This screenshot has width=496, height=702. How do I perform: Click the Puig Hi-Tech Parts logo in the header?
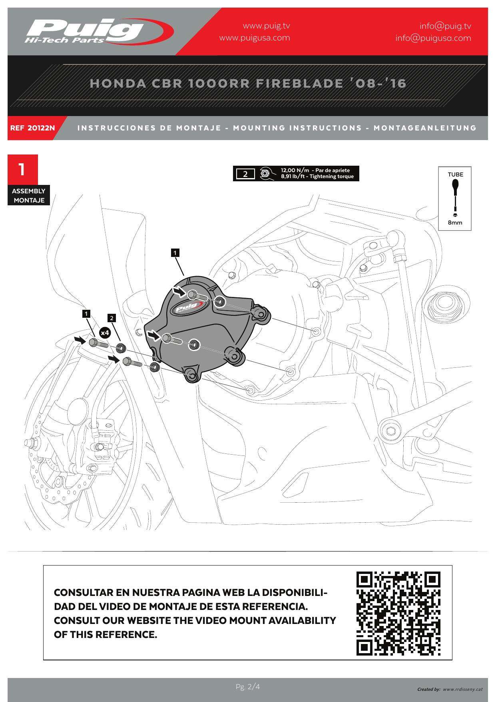pos(96,31)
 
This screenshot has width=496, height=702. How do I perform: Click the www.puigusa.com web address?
pos(255,38)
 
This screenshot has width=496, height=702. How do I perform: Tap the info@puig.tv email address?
pos(445,26)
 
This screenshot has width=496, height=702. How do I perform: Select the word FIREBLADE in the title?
pos(299,83)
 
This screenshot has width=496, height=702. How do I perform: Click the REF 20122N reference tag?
pos(33,128)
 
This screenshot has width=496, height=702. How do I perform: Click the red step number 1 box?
pos(23,169)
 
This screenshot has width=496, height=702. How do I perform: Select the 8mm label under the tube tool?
pos(455,223)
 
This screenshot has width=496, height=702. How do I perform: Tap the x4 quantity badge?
pos(105,333)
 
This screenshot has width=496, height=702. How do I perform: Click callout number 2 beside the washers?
pos(112,318)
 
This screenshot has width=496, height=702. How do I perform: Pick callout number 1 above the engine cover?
pos(175,253)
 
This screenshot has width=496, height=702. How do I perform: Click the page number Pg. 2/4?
pos(248,687)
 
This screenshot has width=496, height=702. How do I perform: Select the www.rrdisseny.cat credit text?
pos(462,689)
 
